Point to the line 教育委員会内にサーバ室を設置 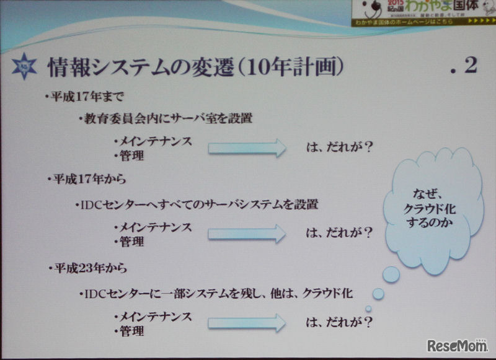[167, 118]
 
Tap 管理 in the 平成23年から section [130, 330]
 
